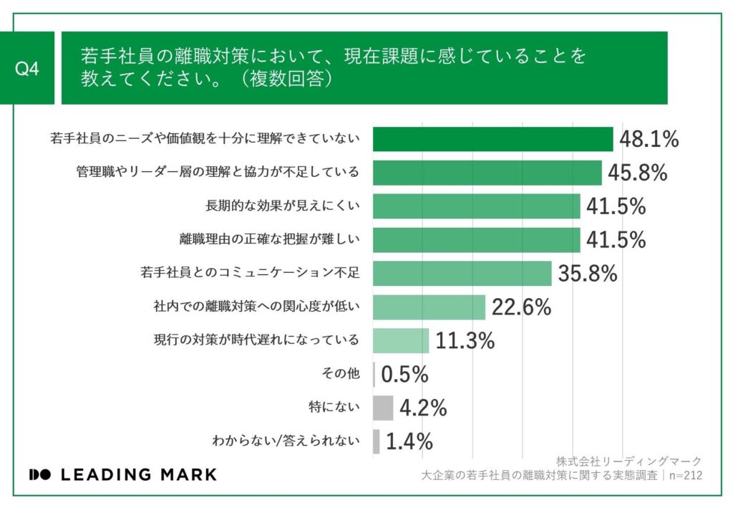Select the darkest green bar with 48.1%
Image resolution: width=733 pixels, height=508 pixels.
click(x=492, y=139)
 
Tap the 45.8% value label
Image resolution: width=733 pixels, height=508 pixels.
click(x=637, y=173)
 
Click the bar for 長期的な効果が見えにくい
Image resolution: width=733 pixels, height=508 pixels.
click(x=476, y=206)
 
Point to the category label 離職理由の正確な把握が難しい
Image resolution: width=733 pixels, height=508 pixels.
click(x=269, y=239)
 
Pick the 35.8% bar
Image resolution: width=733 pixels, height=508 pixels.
click(x=462, y=273)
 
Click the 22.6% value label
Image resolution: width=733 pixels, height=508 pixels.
click(x=521, y=307)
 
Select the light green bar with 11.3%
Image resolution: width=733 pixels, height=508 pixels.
click(x=401, y=340)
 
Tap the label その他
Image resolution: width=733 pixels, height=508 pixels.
click(x=342, y=374)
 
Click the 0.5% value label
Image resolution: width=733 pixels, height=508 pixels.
click(x=404, y=374)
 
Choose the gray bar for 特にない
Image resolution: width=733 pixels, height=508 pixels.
click(x=383, y=408)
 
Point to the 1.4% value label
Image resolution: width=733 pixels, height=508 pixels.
click(x=409, y=441)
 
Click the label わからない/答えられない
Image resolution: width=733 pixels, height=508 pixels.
click(x=286, y=441)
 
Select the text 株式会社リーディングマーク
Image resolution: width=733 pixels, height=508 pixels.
click(x=628, y=461)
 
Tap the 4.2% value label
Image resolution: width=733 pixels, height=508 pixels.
click(x=423, y=408)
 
